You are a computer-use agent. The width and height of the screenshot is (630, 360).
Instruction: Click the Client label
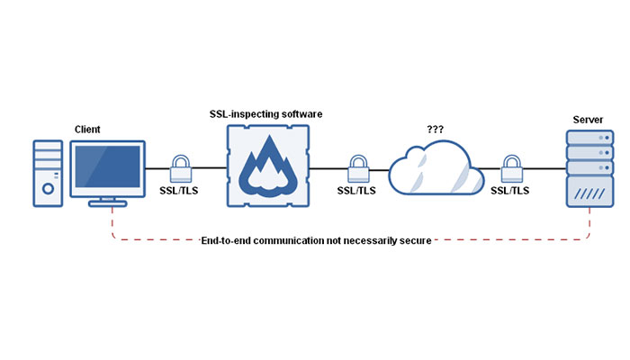(x=88, y=130)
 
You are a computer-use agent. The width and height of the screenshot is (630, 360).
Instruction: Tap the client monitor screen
(x=108, y=167)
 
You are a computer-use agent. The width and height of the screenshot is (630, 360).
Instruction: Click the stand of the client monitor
(x=108, y=201)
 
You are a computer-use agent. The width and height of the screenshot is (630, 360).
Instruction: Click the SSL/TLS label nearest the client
(x=183, y=191)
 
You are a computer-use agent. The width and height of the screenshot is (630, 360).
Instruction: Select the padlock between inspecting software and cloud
(x=358, y=166)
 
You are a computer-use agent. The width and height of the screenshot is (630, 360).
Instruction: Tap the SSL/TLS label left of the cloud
(x=358, y=191)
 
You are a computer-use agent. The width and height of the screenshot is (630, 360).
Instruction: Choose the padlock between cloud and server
(x=512, y=166)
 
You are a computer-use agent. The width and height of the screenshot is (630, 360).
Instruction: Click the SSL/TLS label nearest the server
(x=510, y=191)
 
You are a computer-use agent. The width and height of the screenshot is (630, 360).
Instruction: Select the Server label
(x=588, y=119)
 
